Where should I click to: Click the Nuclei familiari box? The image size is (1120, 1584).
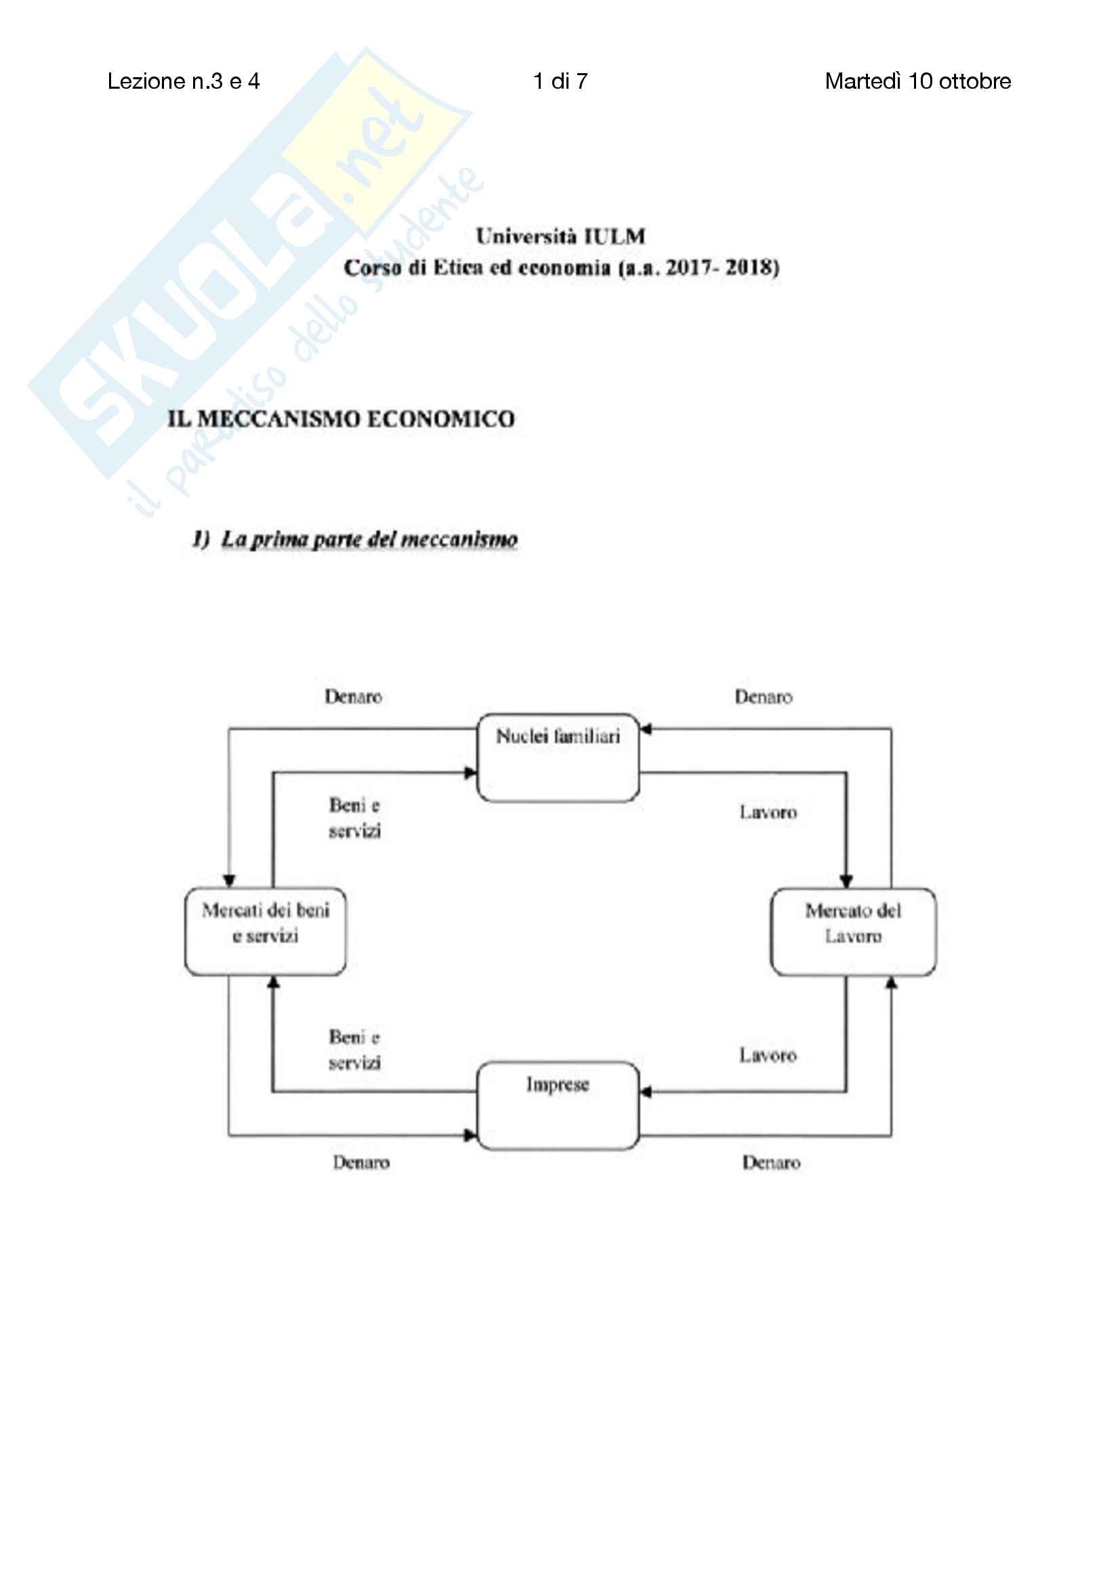coord(558,757)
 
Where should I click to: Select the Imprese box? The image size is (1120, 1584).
coord(558,1105)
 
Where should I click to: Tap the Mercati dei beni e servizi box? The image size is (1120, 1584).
coord(266,930)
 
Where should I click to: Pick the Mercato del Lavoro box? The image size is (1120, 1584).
coord(853,931)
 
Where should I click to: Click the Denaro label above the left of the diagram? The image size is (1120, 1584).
coord(353,697)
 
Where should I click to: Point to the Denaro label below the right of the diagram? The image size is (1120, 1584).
coord(771,1163)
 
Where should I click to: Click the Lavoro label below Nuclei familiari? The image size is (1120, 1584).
coord(768,813)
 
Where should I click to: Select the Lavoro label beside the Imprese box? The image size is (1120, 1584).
coord(768,1056)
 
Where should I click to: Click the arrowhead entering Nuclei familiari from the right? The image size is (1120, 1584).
coord(645,729)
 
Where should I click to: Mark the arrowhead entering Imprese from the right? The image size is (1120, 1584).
coord(645,1092)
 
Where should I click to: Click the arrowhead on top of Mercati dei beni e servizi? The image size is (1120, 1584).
coord(230,881)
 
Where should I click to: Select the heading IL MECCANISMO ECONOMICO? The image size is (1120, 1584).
coord(341,419)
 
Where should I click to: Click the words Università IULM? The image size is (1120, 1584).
coord(560,236)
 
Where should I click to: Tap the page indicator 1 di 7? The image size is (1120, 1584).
coord(560,81)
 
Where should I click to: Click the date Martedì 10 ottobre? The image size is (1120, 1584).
coord(917,81)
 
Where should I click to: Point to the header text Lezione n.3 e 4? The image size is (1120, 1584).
coord(184,81)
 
